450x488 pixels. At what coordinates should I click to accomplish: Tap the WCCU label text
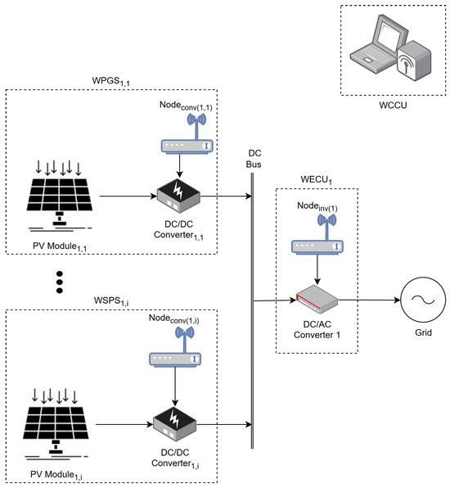tap(393, 105)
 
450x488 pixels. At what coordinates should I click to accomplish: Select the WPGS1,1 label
tap(110, 81)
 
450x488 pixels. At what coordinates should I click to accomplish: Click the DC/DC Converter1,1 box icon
tap(178, 196)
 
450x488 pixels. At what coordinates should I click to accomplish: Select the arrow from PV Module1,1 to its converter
tap(128, 197)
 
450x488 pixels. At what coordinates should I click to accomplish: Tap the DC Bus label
tap(254, 159)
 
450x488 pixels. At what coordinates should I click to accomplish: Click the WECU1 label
tap(316, 180)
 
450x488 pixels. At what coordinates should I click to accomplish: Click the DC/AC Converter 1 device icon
tap(317, 300)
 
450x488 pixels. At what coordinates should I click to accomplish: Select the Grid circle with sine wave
tap(423, 300)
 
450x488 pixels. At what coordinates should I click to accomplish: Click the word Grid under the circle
tap(423, 332)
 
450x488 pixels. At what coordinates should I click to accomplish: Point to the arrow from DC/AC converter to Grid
tap(369, 300)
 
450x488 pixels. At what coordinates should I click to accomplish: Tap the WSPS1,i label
tap(111, 301)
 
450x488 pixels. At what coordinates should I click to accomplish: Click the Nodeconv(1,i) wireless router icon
tap(175, 346)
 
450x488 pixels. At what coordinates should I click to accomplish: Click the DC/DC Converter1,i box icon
tap(174, 424)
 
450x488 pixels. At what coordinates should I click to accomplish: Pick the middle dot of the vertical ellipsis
tap(60, 282)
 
